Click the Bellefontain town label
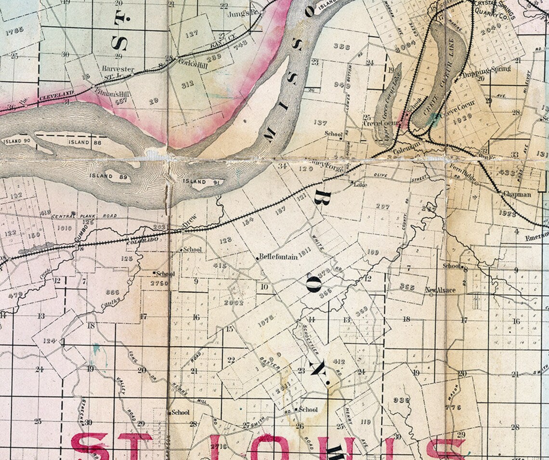coord(278,257)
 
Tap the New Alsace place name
coord(440,290)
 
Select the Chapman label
coord(517,195)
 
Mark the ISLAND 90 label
coord(16,142)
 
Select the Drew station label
coord(190,224)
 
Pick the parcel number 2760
coord(159,283)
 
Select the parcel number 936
coord(401,400)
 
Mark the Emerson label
coord(537,237)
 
